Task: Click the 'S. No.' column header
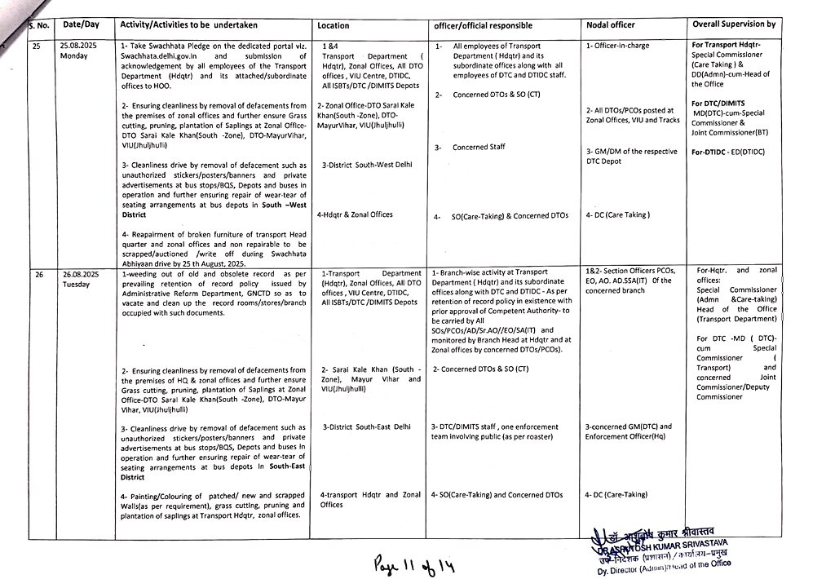point(39,25)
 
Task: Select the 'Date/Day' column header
point(81,24)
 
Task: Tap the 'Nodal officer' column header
point(610,25)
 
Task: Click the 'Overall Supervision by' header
point(734,24)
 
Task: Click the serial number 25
point(37,46)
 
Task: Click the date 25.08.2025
point(78,46)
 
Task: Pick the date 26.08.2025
point(80,275)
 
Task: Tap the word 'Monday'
point(73,56)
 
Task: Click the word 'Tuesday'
point(76,285)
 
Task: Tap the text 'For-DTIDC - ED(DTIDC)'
point(728,152)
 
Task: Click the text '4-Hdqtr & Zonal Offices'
point(354,214)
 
